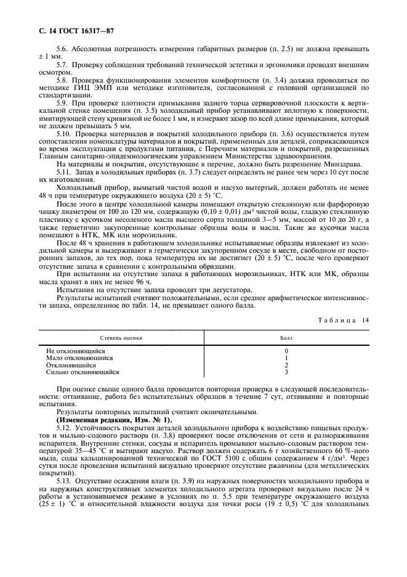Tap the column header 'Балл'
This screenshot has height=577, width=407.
(x=286, y=338)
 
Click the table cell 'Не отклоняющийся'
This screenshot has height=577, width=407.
(x=76, y=351)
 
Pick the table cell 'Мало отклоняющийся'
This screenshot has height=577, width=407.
(x=79, y=358)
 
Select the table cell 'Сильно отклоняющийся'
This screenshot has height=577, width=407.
(x=83, y=372)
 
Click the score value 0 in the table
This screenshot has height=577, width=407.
(x=286, y=351)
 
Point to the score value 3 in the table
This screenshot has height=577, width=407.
(x=286, y=372)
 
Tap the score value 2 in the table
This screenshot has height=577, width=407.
(x=286, y=365)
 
